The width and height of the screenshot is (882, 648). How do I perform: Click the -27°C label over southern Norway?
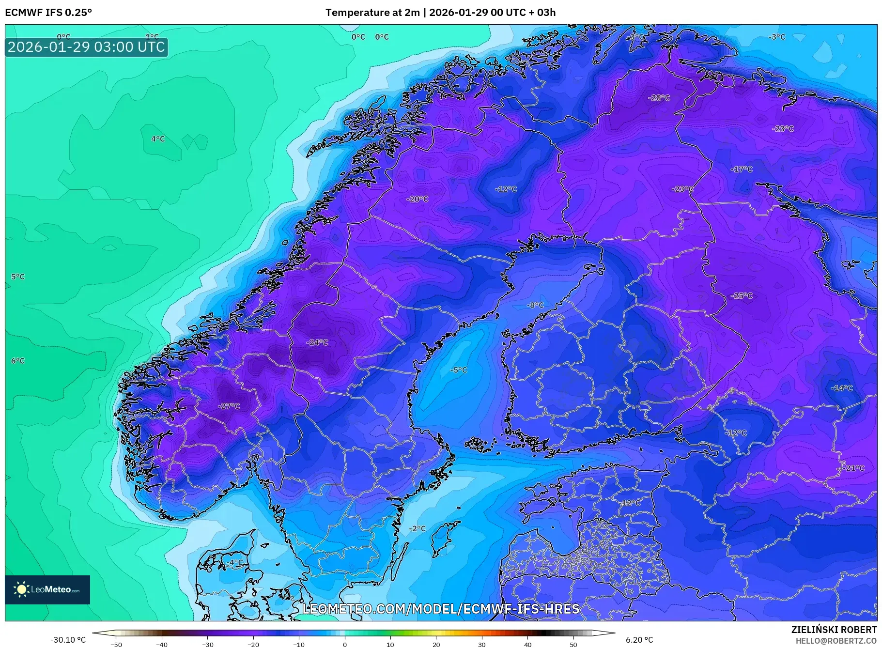pos(229,406)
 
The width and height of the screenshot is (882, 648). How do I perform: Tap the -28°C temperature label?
pos(659,98)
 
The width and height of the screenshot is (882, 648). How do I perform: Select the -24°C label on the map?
pos(317,342)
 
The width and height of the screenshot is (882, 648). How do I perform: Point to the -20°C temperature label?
pos(417,199)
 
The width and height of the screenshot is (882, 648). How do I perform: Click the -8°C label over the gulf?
pos(535,305)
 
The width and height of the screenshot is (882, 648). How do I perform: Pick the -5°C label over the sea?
pos(459,370)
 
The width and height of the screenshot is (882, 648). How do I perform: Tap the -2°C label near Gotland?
pos(417,528)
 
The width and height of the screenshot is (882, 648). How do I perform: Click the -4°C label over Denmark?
pos(235,562)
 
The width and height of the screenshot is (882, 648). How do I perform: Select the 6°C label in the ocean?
pos(18,361)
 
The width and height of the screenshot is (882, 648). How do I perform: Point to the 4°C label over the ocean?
pos(158,139)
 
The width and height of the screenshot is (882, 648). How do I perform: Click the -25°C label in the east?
pos(742,295)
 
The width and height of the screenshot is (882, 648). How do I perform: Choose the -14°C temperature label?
pos(842,388)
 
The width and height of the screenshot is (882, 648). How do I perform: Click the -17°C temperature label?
pos(742,169)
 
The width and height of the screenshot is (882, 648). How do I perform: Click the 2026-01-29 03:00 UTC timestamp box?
pos(87,47)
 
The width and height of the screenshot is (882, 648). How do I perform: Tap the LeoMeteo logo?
pos(47,589)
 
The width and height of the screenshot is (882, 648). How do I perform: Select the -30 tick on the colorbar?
pos(208,644)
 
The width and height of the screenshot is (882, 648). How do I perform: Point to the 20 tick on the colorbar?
pos(436,644)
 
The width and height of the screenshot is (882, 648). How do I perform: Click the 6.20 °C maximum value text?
pos(639,640)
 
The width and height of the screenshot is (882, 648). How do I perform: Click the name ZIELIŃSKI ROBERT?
pos(834,630)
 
